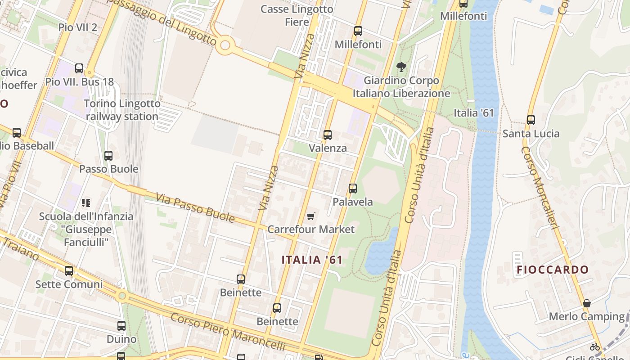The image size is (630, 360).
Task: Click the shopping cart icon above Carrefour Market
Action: pos(310,216)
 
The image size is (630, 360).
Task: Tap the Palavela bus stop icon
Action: pos(353,189)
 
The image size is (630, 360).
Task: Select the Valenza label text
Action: pos(328,148)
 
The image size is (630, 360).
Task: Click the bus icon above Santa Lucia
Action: pos(531,120)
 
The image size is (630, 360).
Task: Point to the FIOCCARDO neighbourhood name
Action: pos(553,270)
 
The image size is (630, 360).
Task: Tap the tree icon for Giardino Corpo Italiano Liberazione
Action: pos(401,67)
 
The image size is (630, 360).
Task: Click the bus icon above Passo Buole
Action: pos(108,156)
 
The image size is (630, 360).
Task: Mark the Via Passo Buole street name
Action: pos(195,207)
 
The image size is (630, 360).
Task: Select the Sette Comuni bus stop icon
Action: pos(69,271)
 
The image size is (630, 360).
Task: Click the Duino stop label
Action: pos(121,339)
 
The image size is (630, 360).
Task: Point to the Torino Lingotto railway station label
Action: pos(122,110)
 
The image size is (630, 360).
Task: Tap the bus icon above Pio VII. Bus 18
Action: pos(79,68)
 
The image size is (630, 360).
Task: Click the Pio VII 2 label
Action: pos(77,27)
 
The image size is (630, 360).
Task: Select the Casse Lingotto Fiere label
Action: pos(297,15)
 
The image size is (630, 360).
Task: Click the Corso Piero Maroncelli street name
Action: pos(228,332)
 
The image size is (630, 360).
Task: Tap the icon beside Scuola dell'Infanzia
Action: pos(85,203)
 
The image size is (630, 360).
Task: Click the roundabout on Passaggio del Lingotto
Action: pos(225,45)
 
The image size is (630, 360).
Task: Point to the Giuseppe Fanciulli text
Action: pos(86,236)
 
